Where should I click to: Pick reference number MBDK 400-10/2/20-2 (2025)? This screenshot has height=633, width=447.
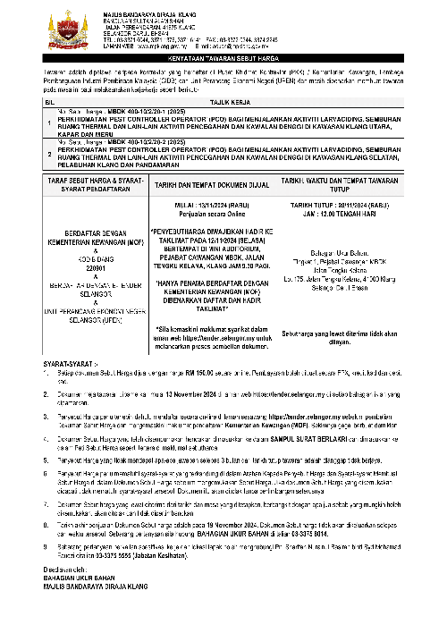point(135,140)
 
